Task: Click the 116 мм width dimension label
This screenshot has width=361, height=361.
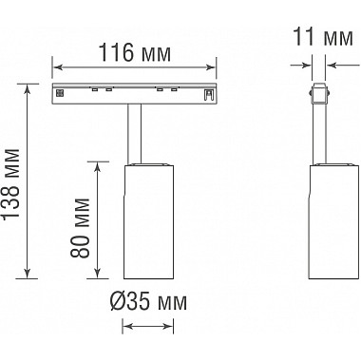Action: coord(135,52)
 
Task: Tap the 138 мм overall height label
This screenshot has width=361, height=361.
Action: coord(11,183)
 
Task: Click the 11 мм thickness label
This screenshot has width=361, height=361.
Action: coord(324,37)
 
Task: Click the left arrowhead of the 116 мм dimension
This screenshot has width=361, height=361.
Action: coord(57,67)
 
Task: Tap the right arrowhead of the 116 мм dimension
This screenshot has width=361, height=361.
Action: coord(211,67)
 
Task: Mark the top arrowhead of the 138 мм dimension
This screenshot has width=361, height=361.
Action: coord(28,89)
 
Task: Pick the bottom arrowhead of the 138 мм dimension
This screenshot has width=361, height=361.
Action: coord(28,274)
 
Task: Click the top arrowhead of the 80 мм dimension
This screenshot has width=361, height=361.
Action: coord(98,166)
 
